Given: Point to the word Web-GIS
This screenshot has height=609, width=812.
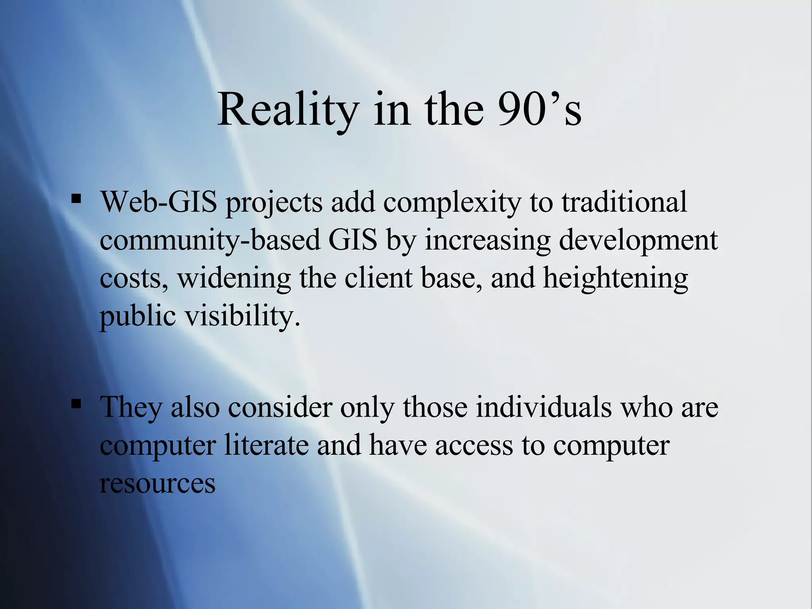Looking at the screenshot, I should click(x=159, y=202).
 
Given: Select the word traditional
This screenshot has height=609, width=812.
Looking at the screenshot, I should click(x=624, y=202).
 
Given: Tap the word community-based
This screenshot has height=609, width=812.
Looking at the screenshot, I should click(x=210, y=240).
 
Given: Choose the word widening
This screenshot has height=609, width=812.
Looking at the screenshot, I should click(x=234, y=278).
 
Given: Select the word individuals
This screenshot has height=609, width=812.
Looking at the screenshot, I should click(x=544, y=407).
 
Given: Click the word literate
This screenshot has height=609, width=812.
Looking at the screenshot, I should click(x=266, y=445).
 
